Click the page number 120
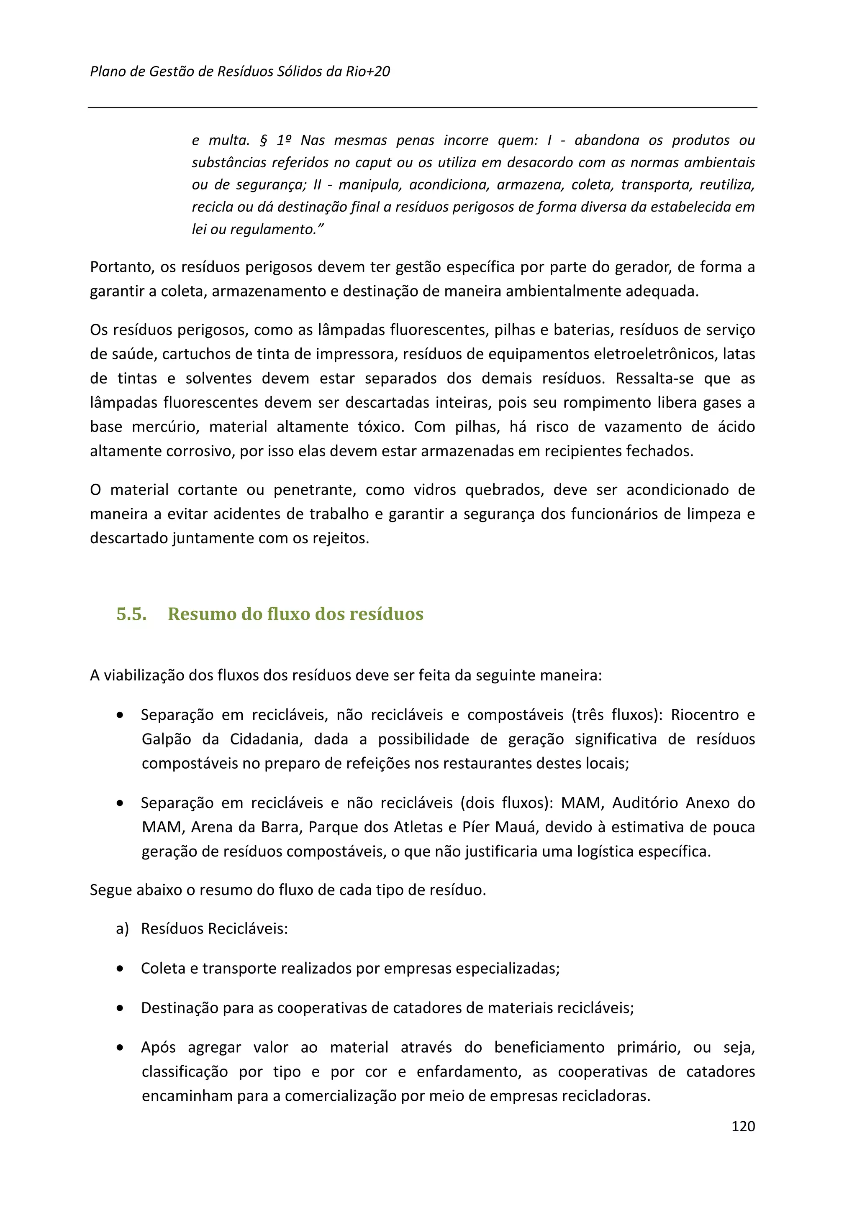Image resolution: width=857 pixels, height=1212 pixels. [742, 1141]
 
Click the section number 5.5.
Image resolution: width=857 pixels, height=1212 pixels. [131, 614]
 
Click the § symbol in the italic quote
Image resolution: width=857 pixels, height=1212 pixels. [264, 141]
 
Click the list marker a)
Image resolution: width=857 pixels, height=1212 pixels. [122, 928]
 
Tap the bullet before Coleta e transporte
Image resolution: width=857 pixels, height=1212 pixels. [121, 969]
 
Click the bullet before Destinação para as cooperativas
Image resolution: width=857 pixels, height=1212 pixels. [121, 1008]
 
